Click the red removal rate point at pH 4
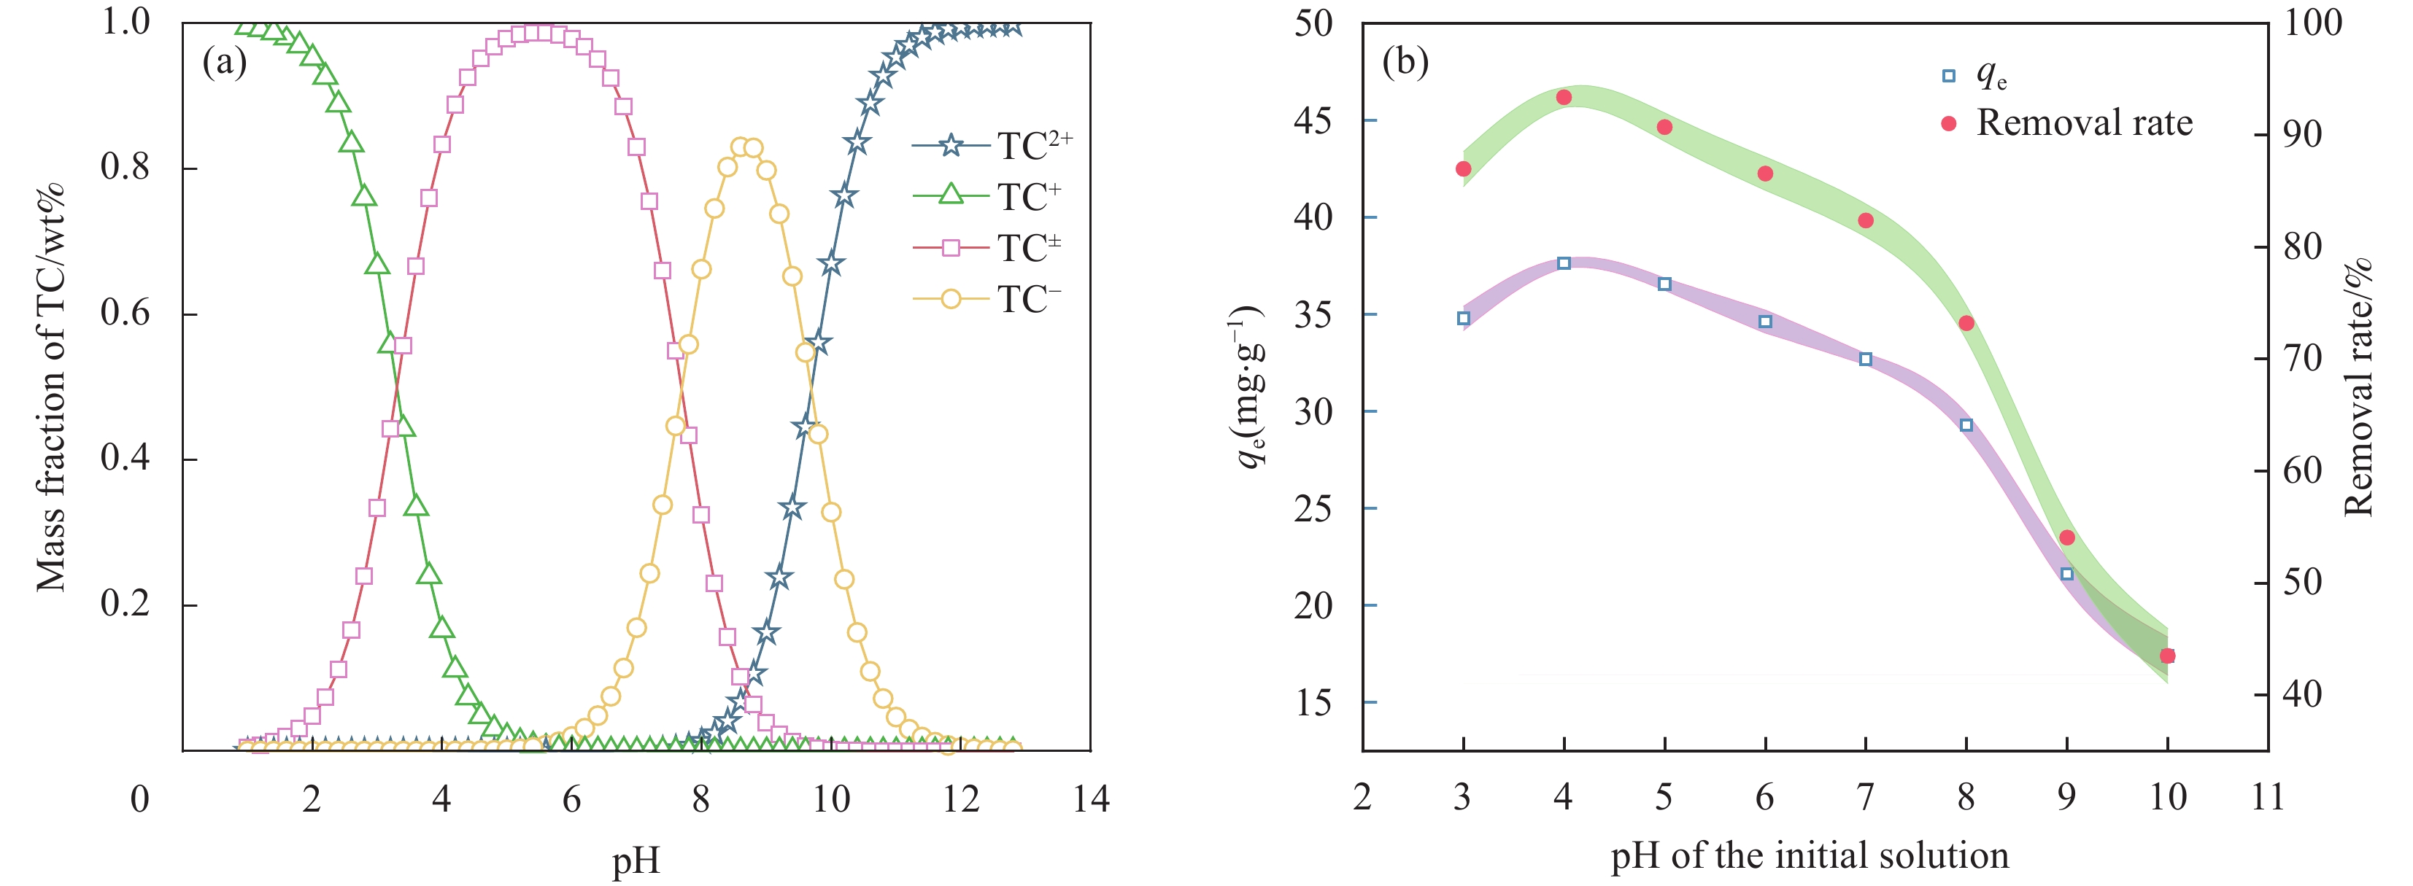(1564, 98)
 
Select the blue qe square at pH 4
(1564, 263)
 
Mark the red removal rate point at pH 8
(1966, 323)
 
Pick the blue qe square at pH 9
(2067, 574)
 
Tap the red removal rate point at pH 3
(1463, 169)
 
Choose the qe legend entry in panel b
(1977, 75)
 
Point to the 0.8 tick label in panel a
(125, 168)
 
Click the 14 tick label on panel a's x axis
(1090, 799)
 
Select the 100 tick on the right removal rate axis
(2313, 23)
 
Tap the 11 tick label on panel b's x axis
(2267, 797)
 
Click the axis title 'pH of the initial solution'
(1810, 856)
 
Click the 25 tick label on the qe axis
(1313, 508)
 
